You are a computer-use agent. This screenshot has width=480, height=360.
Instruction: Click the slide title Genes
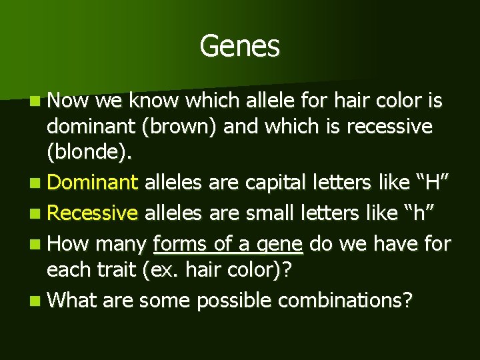point(239,46)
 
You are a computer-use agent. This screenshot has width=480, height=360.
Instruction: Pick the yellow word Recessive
point(93,213)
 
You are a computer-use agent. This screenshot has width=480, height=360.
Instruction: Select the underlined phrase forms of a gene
point(228,243)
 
